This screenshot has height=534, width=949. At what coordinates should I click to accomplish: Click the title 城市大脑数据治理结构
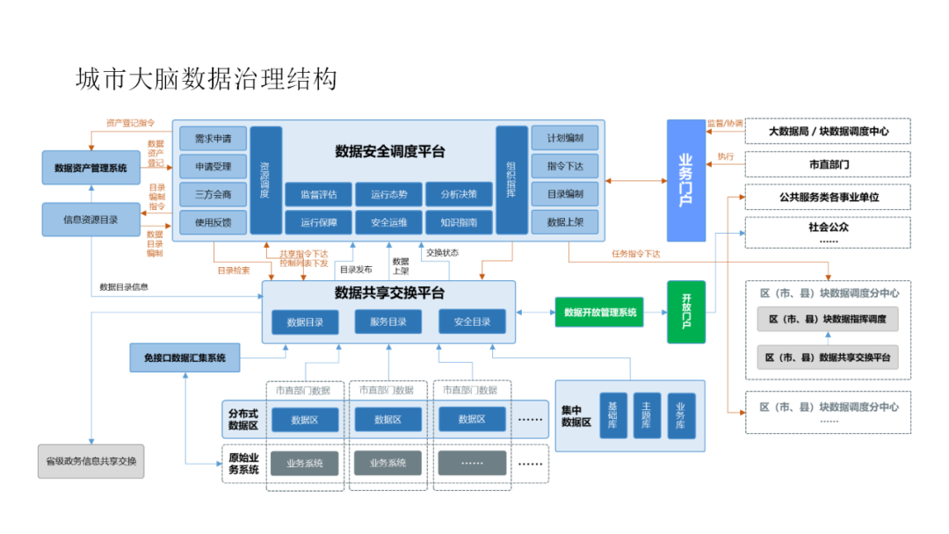[206, 80]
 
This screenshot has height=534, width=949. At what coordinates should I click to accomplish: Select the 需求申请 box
[213, 139]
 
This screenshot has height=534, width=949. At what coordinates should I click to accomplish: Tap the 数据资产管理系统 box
[91, 167]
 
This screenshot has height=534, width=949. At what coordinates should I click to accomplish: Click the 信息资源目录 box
[91, 219]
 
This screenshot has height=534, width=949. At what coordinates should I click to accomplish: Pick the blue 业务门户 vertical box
[685, 180]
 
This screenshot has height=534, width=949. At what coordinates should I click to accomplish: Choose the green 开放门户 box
[686, 311]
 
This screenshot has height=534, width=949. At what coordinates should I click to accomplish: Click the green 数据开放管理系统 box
[600, 312]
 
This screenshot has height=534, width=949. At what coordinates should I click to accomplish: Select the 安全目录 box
[473, 321]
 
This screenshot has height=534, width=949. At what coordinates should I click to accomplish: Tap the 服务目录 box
[388, 321]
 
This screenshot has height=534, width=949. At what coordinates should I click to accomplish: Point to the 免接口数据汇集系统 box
[185, 357]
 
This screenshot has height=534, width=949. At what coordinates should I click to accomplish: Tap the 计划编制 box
[564, 139]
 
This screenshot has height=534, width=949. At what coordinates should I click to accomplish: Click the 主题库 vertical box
[647, 415]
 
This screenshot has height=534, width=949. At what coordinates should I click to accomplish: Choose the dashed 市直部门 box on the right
[828, 164]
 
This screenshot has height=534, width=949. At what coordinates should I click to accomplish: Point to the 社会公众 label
[828, 227]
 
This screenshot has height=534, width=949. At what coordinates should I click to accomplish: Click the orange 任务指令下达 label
[635, 254]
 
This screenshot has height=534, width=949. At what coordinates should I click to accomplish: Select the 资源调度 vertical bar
[265, 180]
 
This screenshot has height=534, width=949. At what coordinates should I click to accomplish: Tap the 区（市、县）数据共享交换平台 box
[828, 357]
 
